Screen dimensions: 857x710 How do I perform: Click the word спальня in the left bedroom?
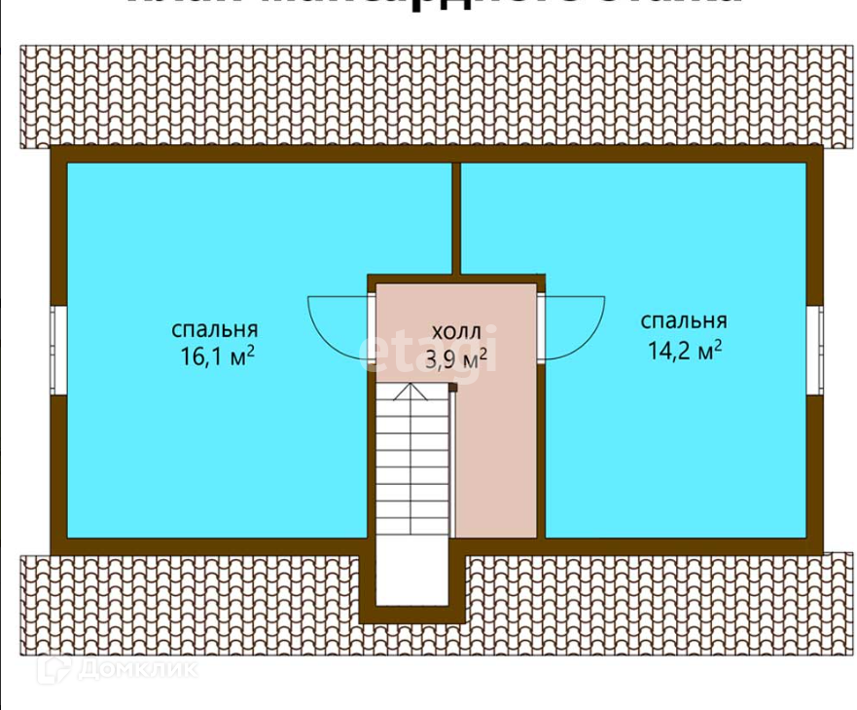coord(215,328)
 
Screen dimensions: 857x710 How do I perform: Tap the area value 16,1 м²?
coord(216,355)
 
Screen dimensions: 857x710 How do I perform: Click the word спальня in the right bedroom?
coord(684,320)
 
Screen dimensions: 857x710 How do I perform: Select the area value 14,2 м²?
coord(684,350)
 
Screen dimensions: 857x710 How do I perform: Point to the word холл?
coord(456,332)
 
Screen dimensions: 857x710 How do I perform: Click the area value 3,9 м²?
coord(456,359)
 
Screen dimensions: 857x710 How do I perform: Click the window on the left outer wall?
coord(57,351)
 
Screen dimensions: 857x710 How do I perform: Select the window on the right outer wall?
coord(815,351)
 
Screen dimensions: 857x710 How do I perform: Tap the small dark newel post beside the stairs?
coord(452,387)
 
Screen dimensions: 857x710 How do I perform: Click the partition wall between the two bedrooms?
coord(456,216)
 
